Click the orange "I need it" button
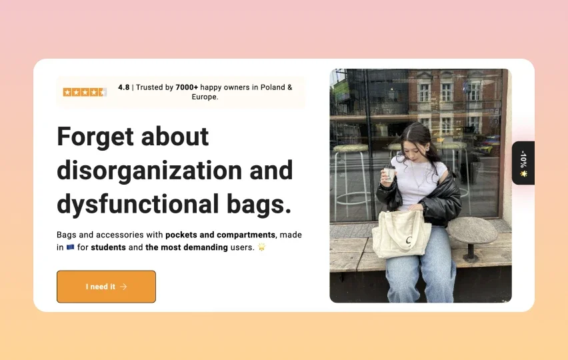pyautogui.click(x=106, y=287)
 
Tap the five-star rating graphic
pyautogui.click(x=85, y=92)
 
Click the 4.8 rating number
pyautogui.click(x=124, y=87)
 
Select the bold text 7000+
pyautogui.click(x=187, y=87)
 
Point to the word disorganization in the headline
pyautogui.click(x=143, y=171)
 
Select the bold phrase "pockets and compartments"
pyautogui.click(x=220, y=235)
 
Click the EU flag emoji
pyautogui.click(x=70, y=247)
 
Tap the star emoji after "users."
pyautogui.click(x=262, y=247)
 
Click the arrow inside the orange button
pyautogui.click(x=123, y=287)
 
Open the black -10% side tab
pyautogui.click(x=523, y=163)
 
